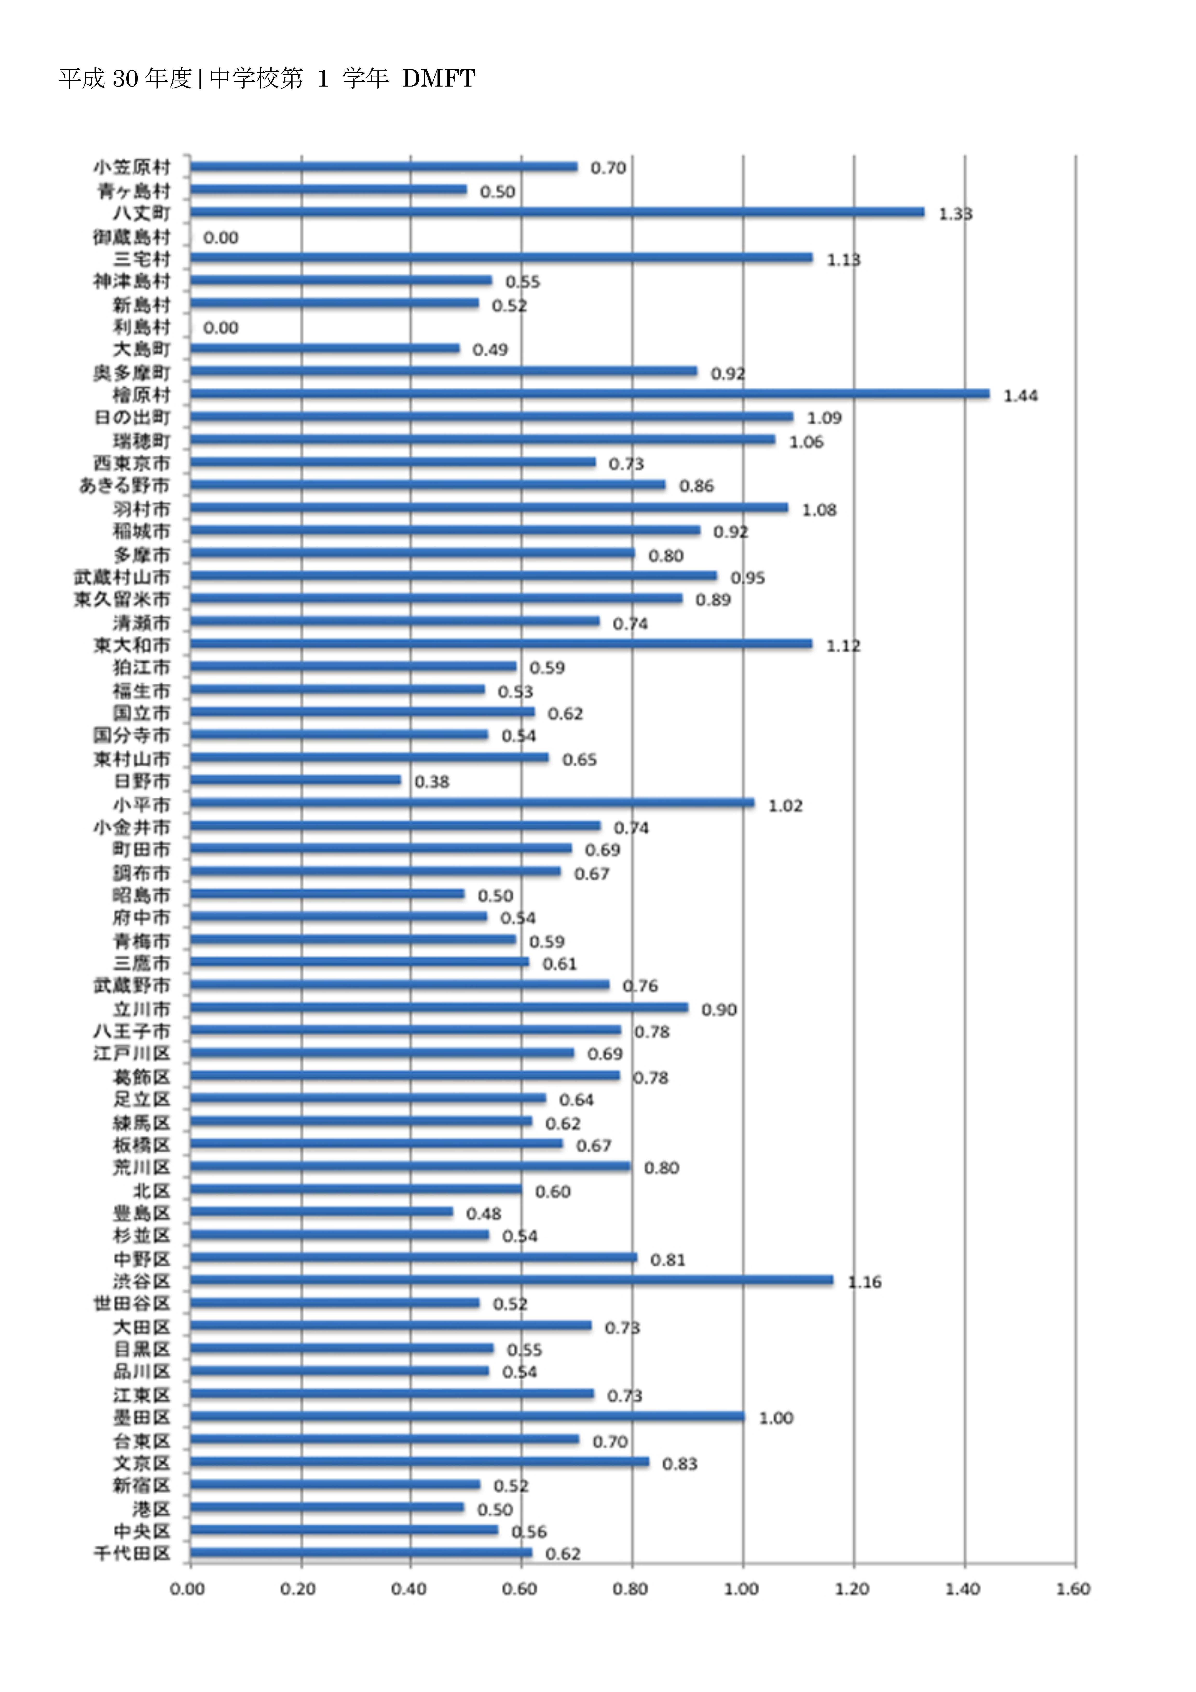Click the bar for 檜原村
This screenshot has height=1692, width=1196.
pos(589,394)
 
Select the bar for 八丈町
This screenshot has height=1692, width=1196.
pos(557,212)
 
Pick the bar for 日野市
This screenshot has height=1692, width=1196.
pos(295,780)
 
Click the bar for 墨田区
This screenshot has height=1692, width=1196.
pos(467,1416)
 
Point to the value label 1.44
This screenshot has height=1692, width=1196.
pos(1021,396)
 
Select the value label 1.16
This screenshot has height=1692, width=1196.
pos(864,1282)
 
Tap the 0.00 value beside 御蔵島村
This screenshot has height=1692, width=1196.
pos(221,237)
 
